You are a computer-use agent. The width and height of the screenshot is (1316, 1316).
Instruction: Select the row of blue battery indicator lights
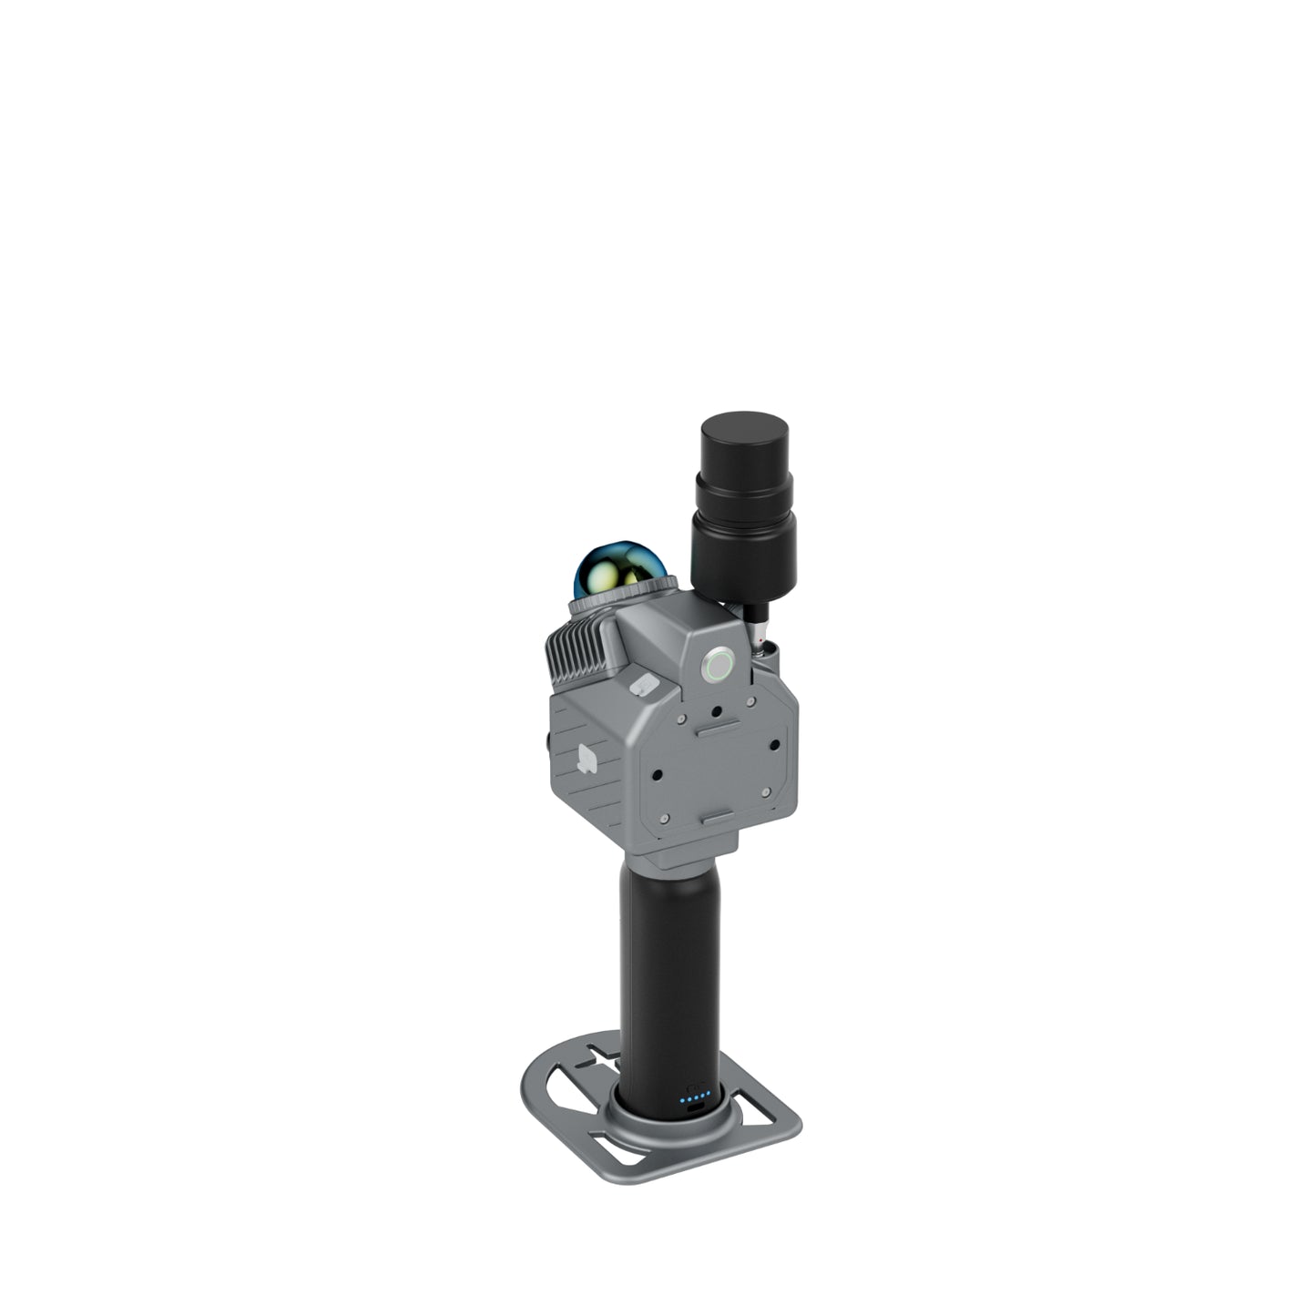[694, 1100]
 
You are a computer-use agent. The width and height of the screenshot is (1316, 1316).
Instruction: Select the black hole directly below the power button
[718, 712]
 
